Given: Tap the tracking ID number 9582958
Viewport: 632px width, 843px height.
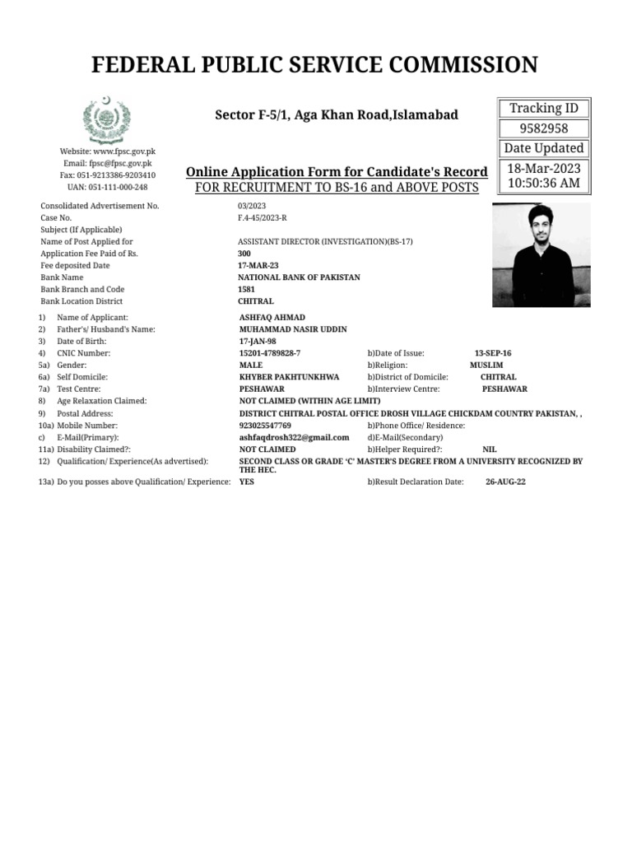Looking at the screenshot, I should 544,128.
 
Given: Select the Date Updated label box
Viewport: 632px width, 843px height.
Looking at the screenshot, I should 544,148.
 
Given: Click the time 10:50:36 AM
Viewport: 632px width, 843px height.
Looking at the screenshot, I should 544,183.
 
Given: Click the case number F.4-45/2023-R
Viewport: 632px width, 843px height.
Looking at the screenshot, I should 263,218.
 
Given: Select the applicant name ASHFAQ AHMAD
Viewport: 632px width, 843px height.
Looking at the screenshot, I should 272,318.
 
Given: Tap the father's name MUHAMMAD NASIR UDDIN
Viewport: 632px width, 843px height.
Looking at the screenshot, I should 292,329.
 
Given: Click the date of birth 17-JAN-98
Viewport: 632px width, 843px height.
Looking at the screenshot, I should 258,342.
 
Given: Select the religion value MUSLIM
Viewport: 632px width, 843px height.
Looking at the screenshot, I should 486,365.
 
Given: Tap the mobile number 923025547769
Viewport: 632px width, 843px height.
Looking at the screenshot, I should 265,426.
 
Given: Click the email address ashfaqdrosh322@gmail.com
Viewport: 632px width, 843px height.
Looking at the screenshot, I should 294,437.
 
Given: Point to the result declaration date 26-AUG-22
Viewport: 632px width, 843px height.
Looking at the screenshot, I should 505,482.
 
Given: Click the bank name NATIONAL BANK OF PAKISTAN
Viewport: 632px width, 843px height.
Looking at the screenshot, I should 299,277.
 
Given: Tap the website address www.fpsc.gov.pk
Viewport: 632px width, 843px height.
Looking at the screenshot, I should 124,152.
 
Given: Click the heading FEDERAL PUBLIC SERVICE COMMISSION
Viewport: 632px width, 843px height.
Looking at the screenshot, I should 316,64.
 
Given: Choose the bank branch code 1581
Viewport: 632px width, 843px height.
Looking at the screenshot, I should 246,290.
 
